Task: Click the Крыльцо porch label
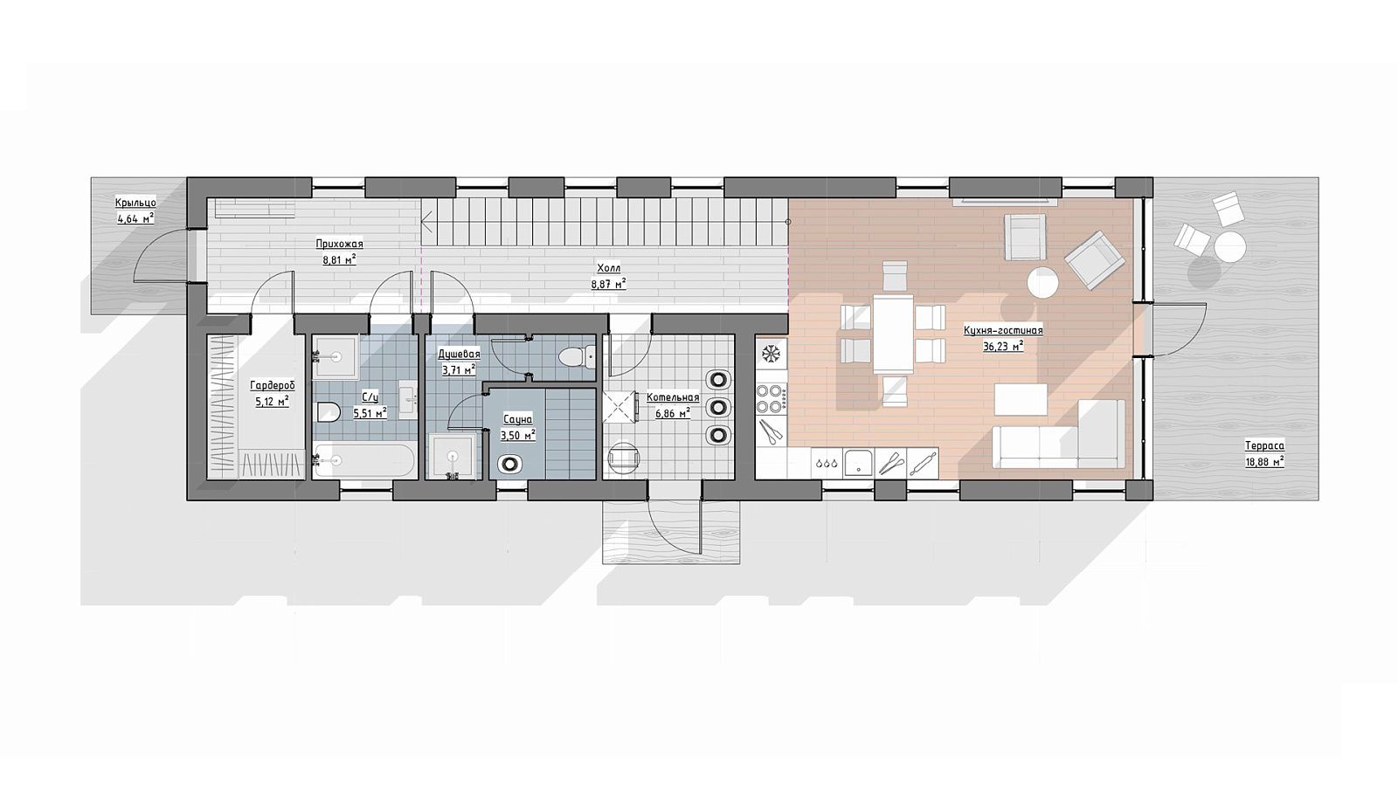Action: coord(135,203)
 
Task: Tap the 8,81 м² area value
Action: coord(339,259)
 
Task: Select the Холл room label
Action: coord(608,269)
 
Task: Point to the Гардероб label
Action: coord(272,385)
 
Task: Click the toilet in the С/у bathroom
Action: coord(328,411)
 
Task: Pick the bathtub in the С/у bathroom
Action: coord(363,460)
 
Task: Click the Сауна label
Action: coord(517,420)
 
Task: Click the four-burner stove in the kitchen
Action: coord(771,398)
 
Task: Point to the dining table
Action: coord(893,334)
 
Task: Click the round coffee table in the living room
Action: coord(1043,283)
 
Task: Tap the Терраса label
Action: coord(1264,446)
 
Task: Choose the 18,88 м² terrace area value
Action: coord(1264,462)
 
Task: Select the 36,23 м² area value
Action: coord(1003,346)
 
